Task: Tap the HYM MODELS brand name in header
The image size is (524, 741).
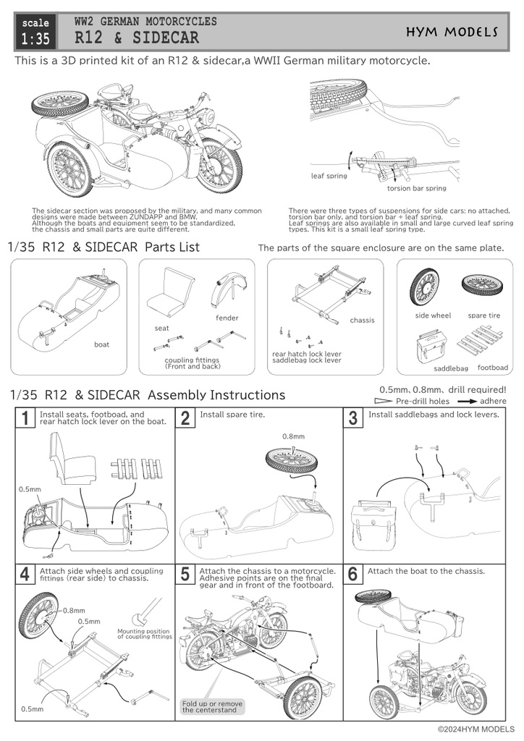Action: pos(462,32)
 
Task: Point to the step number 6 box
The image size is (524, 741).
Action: pos(353,575)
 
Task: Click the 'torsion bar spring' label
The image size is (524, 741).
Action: pos(416,188)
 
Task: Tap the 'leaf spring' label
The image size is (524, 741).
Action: pos(329,176)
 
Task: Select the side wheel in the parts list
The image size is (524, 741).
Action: pos(432,288)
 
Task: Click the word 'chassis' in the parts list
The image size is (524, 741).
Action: pos(362,320)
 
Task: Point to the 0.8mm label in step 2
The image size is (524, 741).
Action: pos(292,436)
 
